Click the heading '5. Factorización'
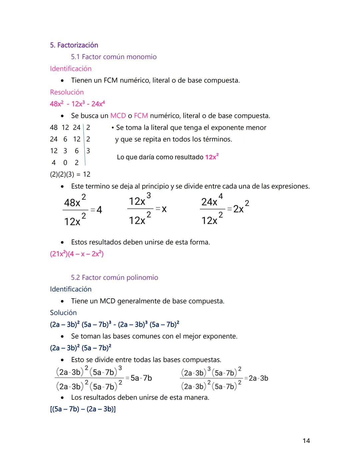pos(74,45)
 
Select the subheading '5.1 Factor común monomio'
pos(114,57)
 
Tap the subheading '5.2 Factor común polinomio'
pos(114,278)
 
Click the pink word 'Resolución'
pos(67,92)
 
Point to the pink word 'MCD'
pos(118,116)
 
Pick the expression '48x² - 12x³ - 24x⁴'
pos(77,104)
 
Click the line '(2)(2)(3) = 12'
pos(70,174)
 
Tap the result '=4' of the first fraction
pos(96,209)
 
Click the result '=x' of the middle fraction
pos(161,209)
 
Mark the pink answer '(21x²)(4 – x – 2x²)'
pos(77,254)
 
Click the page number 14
pos(306,441)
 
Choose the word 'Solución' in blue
pos(63,313)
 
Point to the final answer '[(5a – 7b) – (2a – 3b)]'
pos(83,409)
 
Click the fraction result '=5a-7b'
pos(139,378)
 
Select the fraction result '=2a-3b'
pos(256,378)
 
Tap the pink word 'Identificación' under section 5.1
pos(71,69)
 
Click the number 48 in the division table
pos(54,127)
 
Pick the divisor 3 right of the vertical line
pos(88,151)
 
